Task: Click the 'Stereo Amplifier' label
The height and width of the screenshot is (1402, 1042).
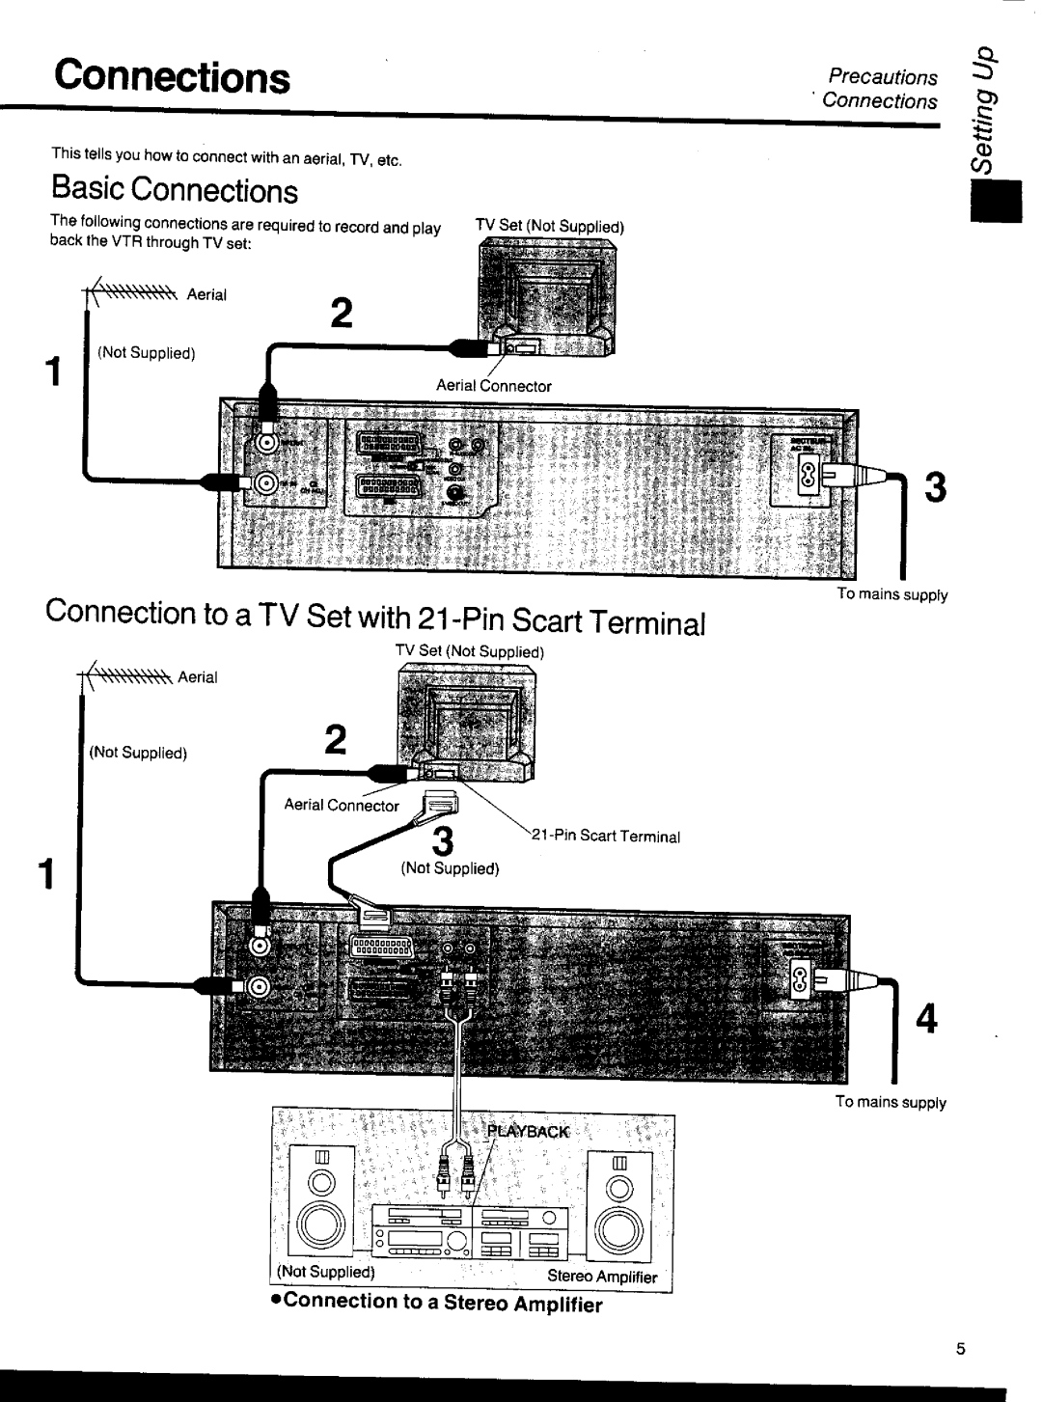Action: tap(602, 1276)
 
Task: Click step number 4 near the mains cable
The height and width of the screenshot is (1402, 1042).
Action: tap(926, 1018)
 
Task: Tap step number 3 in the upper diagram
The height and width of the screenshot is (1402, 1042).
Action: tap(933, 489)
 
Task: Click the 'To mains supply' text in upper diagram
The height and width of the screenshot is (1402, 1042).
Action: tap(892, 594)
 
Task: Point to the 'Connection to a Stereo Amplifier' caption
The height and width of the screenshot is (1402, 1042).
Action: tap(436, 1304)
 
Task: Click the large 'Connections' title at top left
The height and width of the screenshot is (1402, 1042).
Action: tap(172, 76)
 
